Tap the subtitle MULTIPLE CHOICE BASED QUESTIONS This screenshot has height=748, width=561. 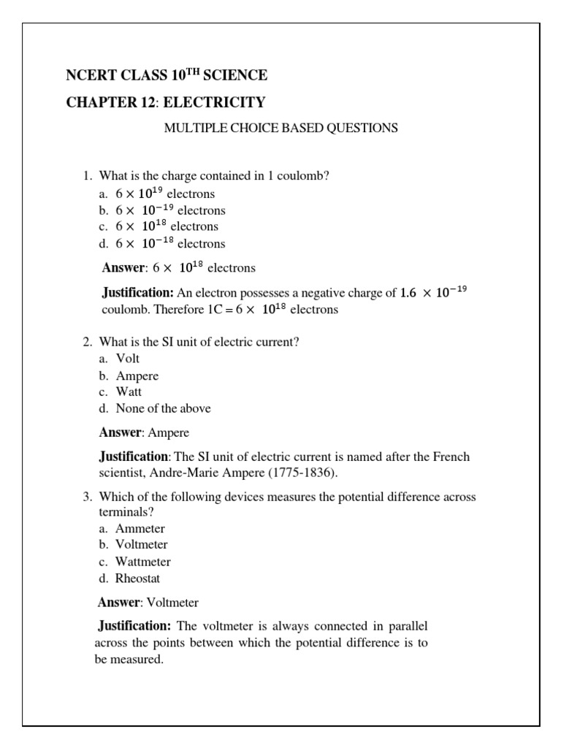[x=280, y=128]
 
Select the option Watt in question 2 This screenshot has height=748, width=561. [x=129, y=392]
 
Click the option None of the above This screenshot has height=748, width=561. [x=163, y=408]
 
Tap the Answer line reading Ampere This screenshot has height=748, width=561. [x=144, y=433]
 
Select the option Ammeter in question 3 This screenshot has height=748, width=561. [x=140, y=528]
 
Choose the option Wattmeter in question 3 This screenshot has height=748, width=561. [x=143, y=562]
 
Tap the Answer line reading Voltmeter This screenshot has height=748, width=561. [x=148, y=603]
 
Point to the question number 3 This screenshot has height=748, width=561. [x=86, y=497]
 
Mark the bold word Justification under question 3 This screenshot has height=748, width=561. [x=134, y=626]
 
